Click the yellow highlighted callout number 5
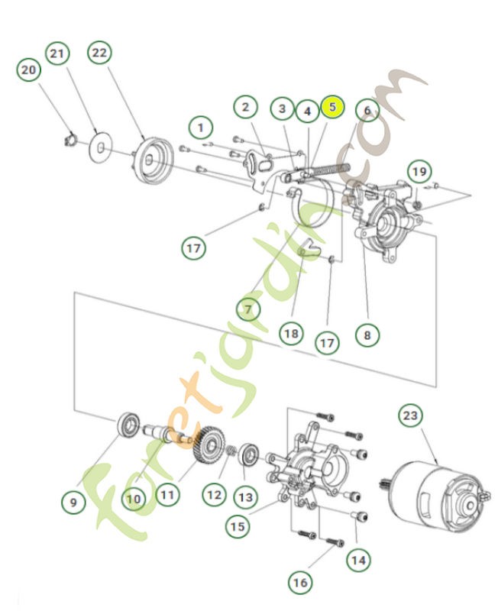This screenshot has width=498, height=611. pyautogui.click(x=332, y=108)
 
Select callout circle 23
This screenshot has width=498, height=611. pyautogui.click(x=410, y=416)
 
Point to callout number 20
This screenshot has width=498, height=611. pyautogui.click(x=29, y=70)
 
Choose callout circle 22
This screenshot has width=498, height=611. pyautogui.click(x=100, y=53)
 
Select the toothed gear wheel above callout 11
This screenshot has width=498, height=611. pyautogui.click(x=205, y=447)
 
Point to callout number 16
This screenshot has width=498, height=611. pyautogui.click(x=300, y=584)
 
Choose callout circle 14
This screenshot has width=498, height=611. pyautogui.click(x=357, y=560)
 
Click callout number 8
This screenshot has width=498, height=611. pyautogui.click(x=367, y=334)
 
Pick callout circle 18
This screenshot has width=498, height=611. pyautogui.click(x=291, y=333)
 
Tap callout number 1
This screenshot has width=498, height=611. pyautogui.click(x=201, y=125)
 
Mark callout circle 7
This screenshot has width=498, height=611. pyautogui.click(x=247, y=309)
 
